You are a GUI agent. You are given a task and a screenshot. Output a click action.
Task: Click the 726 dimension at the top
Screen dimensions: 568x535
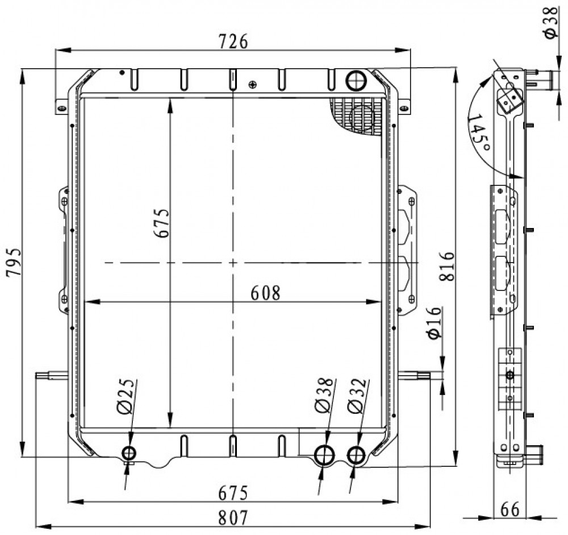pyautogui.click(x=233, y=42)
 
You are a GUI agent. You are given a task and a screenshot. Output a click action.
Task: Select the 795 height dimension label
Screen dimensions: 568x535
pyautogui.click(x=14, y=262)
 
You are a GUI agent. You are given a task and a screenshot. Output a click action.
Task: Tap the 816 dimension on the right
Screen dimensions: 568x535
pyautogui.click(x=446, y=267)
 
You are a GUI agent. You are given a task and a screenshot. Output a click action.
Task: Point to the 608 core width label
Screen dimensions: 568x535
pyautogui.click(x=265, y=293)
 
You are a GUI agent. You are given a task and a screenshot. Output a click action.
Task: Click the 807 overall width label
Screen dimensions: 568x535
pyautogui.click(x=233, y=518)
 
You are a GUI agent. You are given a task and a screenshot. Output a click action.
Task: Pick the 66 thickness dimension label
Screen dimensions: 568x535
pyautogui.click(x=509, y=509)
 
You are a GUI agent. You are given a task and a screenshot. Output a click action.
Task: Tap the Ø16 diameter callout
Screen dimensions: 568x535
pyautogui.click(x=435, y=323)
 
